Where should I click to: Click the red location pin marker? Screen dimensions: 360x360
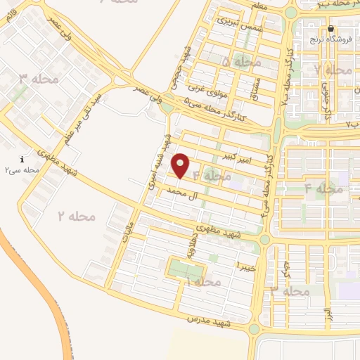pos(181,165)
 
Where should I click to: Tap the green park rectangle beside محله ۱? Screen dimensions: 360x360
pos(184,270)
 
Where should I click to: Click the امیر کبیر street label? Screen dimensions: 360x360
pos(236,153)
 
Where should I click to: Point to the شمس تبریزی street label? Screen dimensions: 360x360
pos(241,25)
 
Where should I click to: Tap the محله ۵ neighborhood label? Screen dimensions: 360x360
pos(241,63)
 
